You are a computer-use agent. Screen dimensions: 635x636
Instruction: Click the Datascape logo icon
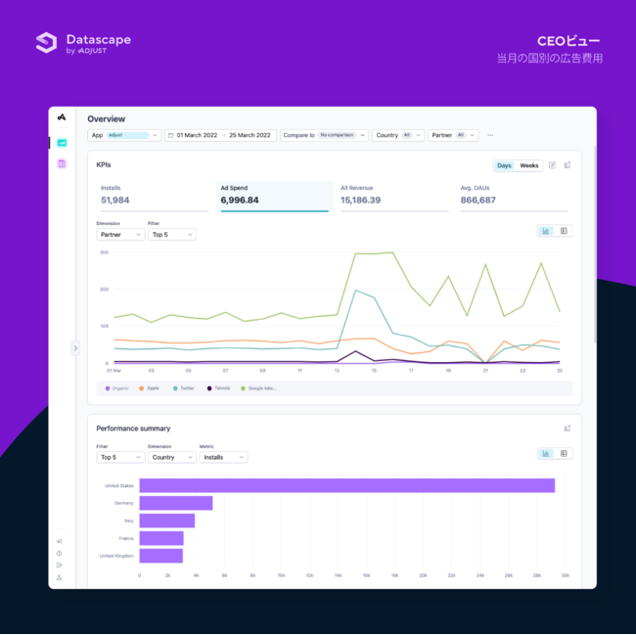(46, 42)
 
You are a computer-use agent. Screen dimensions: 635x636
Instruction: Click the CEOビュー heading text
(568, 41)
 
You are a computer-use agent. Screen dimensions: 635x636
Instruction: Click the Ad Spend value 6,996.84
(240, 200)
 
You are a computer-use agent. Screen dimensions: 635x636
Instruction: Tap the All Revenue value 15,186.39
(361, 200)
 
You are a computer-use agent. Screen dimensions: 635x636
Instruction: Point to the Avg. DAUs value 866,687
(477, 200)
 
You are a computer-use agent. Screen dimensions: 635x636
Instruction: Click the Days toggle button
(504, 165)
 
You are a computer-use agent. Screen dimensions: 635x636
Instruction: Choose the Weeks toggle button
(529, 165)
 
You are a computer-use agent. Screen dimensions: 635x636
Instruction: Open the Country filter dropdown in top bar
(397, 135)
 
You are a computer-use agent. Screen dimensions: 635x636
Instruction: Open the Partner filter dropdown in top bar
(453, 135)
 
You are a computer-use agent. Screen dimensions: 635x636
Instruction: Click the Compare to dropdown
(324, 135)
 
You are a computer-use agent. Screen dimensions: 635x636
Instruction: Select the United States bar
(346, 485)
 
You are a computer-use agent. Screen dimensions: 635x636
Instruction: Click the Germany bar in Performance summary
(176, 503)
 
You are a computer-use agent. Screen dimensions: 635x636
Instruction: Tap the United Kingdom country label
(116, 556)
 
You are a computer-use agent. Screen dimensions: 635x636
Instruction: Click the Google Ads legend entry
(260, 388)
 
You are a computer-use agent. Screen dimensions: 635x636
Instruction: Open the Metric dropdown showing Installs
(223, 457)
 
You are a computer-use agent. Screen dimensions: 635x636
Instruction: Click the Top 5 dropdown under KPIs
(172, 235)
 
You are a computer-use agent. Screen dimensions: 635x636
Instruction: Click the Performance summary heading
(133, 429)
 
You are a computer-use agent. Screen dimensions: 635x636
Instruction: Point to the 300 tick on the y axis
(103, 252)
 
